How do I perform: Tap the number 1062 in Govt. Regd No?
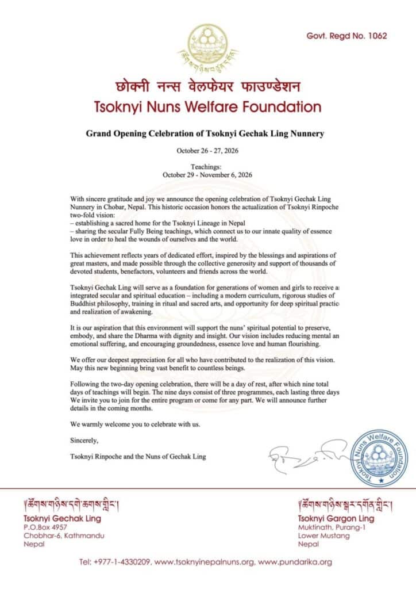(x=376, y=36)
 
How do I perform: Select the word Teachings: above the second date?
(x=208, y=166)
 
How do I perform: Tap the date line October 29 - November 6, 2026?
(x=208, y=174)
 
